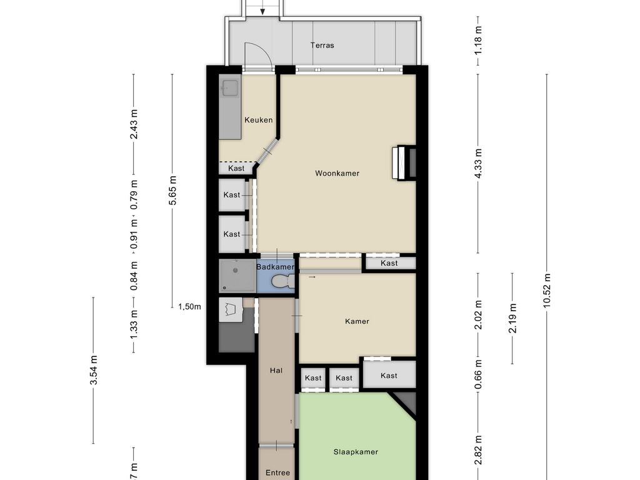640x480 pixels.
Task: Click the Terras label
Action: [322, 45]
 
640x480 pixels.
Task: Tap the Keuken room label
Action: [258, 120]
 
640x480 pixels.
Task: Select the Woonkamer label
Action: [337, 173]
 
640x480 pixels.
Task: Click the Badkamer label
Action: [275, 267]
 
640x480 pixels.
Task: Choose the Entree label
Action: [277, 472]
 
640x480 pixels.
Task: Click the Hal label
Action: [276, 370]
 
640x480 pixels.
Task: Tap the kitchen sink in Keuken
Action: [229, 88]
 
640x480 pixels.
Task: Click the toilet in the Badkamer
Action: [281, 282]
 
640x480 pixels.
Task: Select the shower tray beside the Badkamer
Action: [237, 276]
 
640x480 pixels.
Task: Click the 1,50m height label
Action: [189, 306]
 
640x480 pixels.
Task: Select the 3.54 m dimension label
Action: [94, 370]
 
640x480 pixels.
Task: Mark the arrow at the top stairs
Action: [263, 9]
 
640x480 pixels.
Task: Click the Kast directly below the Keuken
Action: [236, 168]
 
